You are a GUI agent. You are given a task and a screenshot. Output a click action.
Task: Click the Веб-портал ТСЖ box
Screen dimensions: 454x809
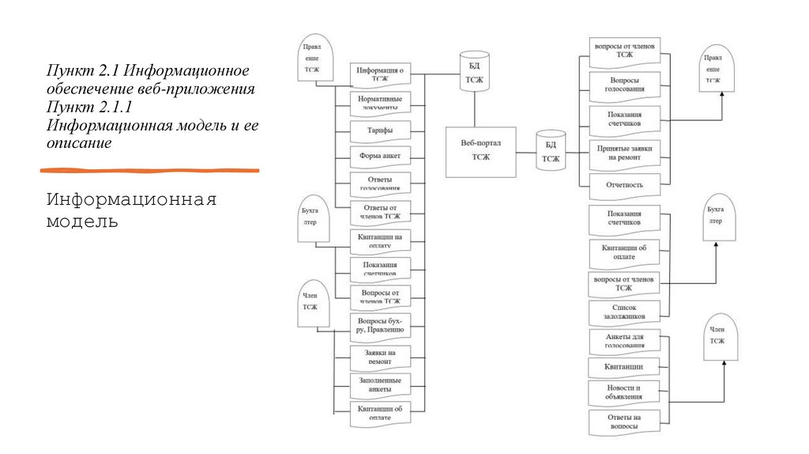pos(481,151)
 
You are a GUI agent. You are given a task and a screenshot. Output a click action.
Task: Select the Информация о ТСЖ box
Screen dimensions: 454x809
pos(380,74)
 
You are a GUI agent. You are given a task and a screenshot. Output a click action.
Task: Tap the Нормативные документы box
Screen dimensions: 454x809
pos(380,103)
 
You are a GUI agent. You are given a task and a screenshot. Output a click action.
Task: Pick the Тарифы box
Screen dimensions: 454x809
pos(380,131)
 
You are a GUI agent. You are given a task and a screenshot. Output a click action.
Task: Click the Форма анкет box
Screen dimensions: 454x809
pos(380,156)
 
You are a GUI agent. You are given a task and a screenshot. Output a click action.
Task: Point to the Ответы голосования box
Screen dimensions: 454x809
pos(380,183)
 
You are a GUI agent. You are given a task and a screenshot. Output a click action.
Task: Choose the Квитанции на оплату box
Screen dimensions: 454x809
pos(380,240)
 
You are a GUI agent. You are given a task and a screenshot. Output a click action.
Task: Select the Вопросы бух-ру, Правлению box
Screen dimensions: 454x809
pos(380,325)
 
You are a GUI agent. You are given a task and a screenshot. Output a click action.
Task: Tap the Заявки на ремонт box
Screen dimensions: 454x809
pos(380,355)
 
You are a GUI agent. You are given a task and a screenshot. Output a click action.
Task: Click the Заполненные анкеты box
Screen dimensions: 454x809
pos(380,384)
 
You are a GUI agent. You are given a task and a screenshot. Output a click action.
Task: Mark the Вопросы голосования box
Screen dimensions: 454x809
pos(624,85)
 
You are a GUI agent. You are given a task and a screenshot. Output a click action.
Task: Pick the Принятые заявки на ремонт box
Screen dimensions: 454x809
pos(624,153)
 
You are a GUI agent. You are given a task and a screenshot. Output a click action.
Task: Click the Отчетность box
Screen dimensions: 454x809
pos(624,185)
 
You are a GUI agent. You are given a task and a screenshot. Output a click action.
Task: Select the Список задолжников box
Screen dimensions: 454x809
pos(624,312)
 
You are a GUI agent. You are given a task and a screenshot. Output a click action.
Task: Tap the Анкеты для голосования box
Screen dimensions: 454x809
pos(624,341)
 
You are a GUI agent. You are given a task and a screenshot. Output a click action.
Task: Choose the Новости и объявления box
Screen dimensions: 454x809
pos(624,392)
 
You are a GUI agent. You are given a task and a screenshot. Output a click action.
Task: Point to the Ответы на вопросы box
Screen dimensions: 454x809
pos(624,421)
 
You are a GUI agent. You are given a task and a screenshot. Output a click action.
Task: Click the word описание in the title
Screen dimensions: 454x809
pos(78,144)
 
